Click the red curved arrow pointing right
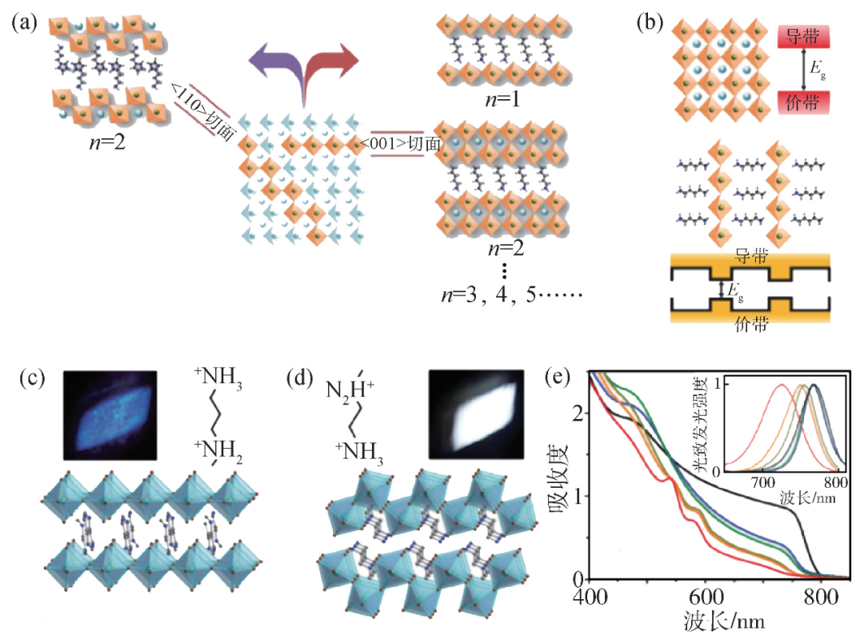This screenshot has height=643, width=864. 332,64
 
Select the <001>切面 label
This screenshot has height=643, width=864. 401,145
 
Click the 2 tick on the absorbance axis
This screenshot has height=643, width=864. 578,411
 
